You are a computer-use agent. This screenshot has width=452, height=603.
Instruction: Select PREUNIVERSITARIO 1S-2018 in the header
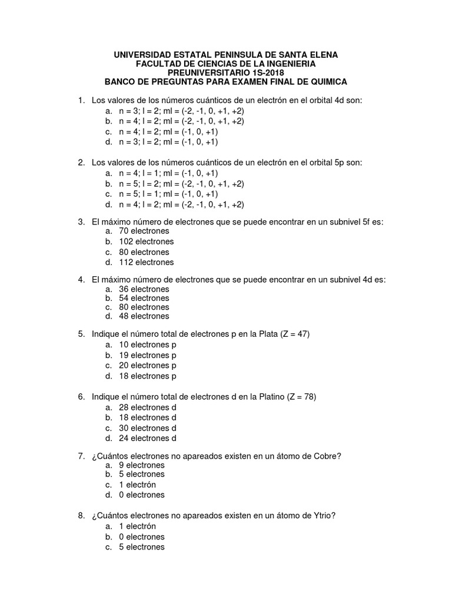click(226, 72)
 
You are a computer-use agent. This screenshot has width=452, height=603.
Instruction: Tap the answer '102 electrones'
click(147, 241)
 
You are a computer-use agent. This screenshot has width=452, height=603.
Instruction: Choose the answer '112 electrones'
click(147, 262)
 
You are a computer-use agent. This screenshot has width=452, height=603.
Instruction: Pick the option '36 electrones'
click(144, 289)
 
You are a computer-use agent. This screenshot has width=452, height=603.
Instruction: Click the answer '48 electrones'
click(144, 316)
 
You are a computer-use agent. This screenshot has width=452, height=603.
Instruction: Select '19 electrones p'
click(148, 355)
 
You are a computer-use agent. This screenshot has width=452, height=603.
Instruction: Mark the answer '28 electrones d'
click(148, 407)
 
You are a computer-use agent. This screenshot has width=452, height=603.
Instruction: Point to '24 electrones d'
click(148, 438)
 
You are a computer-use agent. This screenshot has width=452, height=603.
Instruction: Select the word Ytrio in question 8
click(323, 516)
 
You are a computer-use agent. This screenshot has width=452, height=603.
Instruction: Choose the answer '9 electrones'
click(142, 465)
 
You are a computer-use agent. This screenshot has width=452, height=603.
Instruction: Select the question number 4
click(82, 280)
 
